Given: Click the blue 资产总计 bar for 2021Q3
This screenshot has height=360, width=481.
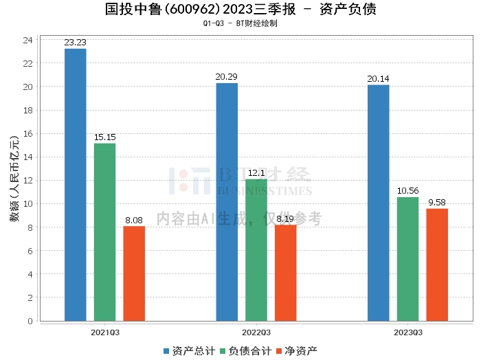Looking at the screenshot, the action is click(76, 185).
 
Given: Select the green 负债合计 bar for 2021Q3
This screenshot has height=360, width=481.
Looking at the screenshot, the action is click(104, 232).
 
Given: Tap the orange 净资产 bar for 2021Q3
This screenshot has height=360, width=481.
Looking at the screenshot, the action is click(134, 273).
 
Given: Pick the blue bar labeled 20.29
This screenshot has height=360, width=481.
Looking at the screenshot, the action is click(227, 202).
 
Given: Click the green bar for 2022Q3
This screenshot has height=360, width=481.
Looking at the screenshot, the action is click(256, 250).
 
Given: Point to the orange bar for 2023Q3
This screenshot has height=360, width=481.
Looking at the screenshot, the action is click(437, 265).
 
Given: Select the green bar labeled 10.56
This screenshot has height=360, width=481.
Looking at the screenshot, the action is click(407, 259).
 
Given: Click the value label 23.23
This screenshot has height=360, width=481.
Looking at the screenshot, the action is click(75, 43).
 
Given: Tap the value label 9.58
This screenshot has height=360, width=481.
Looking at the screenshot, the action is click(437, 203).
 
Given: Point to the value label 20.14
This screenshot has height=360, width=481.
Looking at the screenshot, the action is click(378, 79).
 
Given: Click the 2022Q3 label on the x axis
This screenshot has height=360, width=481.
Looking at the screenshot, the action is click(256, 333).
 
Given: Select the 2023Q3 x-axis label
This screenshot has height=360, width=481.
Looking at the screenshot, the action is click(408, 333).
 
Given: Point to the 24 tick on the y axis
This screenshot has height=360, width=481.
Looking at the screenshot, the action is click(27, 40).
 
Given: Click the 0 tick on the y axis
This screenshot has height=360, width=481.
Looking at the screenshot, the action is click(30, 321).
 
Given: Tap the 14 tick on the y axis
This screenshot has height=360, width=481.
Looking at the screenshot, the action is click(27, 157).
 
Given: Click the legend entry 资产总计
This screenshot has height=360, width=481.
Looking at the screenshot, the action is click(189, 351).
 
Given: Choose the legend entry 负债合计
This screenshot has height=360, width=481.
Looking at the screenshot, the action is click(246, 351).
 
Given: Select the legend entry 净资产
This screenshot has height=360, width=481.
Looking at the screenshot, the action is click(296, 351).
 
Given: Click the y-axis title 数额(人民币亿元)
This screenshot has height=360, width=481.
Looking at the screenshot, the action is click(14, 179).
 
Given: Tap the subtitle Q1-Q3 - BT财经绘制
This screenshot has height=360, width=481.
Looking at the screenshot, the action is click(240, 23).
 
